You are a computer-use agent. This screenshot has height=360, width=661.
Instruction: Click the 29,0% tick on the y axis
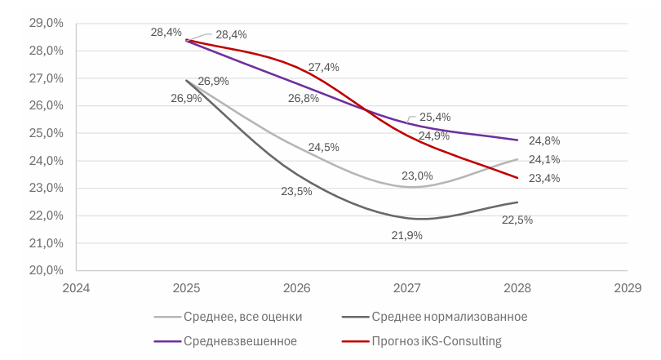pos(47,23)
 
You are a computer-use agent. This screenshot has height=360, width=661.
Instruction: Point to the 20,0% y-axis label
pos(47,270)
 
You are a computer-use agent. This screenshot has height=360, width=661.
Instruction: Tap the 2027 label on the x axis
pos(406,287)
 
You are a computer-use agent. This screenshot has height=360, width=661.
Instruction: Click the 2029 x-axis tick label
pos(627,287)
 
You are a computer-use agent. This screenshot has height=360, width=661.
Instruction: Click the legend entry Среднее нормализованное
pos(449,316)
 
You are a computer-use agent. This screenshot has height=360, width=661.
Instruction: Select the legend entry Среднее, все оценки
pos(241,316)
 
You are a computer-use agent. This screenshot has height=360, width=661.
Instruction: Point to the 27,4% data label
pos(323,68)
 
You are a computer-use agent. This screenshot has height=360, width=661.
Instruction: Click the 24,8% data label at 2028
pos(543,140)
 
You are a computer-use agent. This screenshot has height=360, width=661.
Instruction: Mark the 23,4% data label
pos(543,179)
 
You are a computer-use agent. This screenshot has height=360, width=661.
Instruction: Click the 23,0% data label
pos(417,176)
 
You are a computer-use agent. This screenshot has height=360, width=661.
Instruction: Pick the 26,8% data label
pos(304,98)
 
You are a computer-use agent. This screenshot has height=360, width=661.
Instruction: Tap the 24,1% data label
pos(543,160)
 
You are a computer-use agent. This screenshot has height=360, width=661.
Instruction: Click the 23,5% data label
pos(297,193)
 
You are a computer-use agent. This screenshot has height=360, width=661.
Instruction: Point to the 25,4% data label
pos(435,117)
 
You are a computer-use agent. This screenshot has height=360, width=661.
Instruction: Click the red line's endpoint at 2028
pos(517,178)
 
